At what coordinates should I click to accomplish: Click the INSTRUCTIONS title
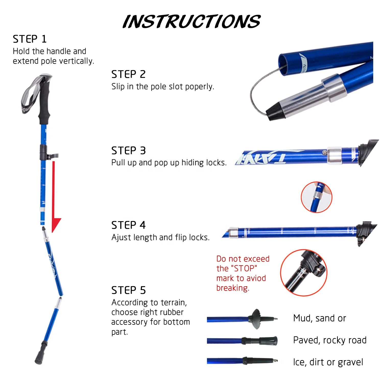click(x=192, y=21)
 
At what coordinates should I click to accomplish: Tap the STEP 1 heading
click(x=30, y=39)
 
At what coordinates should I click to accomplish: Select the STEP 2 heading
click(x=128, y=74)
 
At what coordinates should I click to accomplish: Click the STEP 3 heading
click(x=128, y=151)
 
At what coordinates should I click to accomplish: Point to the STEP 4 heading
click(x=128, y=225)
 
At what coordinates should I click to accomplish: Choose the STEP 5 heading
click(x=128, y=290)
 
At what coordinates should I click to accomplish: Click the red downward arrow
click(x=55, y=199)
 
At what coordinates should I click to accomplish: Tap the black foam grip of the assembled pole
click(x=44, y=102)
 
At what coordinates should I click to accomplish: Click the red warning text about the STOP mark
click(x=243, y=273)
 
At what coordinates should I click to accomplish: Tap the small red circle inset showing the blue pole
click(x=316, y=197)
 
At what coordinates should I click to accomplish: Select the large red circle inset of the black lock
click(x=304, y=273)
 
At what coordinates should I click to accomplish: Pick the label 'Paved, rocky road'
click(x=330, y=340)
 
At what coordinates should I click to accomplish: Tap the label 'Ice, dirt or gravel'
click(x=328, y=362)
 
